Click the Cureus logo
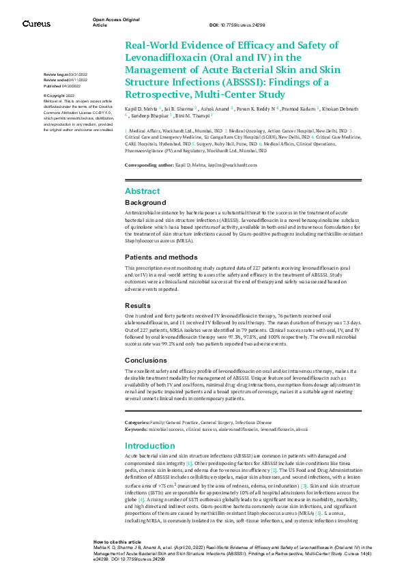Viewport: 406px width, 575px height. click(x=36, y=24)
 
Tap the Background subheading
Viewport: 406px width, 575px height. click(x=145, y=203)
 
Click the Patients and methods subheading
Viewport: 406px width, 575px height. click(x=161, y=257)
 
